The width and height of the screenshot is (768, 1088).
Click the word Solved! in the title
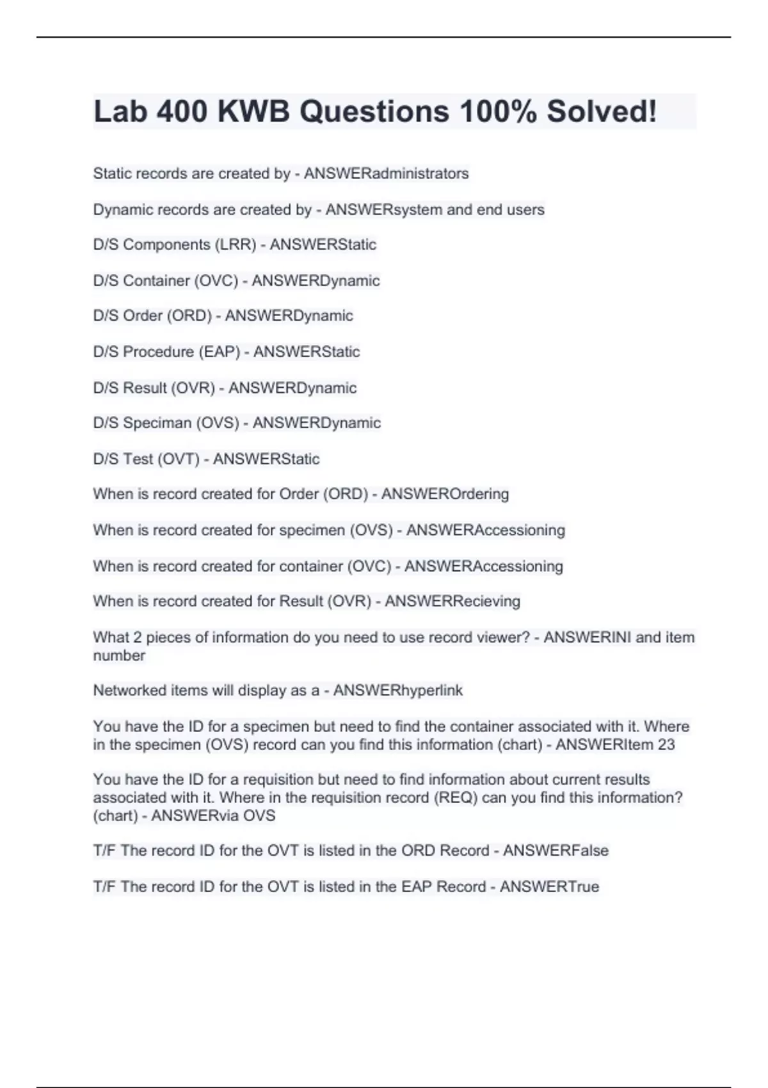coord(601,111)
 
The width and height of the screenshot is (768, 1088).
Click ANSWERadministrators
coord(386,173)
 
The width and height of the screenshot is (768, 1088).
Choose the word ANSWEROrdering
coord(445,494)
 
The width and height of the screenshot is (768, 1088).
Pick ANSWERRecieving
coord(452,601)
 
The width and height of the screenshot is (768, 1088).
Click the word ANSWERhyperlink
coord(397,691)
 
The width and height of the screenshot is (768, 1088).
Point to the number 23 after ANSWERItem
coord(666,744)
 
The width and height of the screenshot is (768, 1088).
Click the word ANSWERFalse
coord(556,851)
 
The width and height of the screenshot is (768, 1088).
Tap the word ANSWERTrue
coord(549,886)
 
